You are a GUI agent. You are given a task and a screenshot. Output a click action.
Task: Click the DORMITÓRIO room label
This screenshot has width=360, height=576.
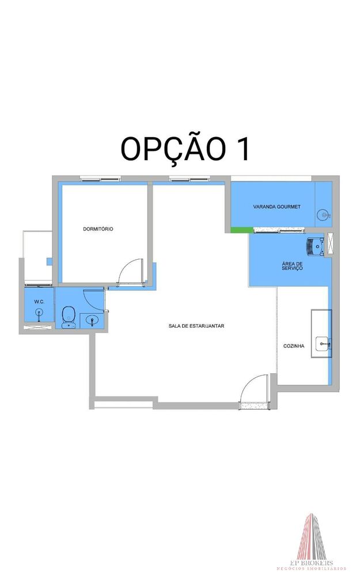point(98,229)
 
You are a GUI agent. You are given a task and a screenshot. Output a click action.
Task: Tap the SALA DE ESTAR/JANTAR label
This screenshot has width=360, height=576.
point(196,326)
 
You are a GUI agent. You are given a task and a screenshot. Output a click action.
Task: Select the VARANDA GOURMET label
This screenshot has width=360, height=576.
point(276,206)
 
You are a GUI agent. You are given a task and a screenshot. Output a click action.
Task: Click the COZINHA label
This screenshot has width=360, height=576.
point(294,346)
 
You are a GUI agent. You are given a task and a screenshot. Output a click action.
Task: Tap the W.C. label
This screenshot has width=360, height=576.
point(39,301)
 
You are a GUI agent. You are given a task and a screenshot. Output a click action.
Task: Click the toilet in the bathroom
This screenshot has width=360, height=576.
point(69,316)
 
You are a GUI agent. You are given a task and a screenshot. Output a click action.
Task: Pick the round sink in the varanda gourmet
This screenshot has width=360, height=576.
point(324,215)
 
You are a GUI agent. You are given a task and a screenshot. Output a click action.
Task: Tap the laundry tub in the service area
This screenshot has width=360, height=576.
point(315,245)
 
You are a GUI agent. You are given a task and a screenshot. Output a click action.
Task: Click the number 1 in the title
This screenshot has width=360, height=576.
point(242,149)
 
